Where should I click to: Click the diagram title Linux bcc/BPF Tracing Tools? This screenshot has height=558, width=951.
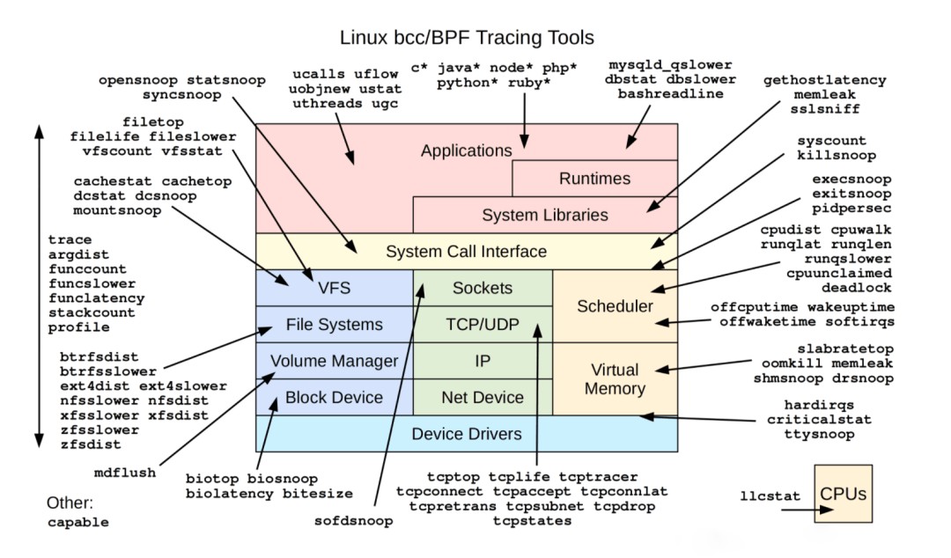click(467, 38)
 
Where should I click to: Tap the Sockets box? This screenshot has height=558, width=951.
click(482, 288)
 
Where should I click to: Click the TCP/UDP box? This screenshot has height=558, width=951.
click(482, 325)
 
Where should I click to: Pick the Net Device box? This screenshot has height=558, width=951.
click(482, 398)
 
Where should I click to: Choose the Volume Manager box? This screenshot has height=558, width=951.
click(334, 361)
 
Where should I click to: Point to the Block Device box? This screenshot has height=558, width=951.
click(334, 398)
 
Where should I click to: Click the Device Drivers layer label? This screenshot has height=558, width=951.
click(466, 434)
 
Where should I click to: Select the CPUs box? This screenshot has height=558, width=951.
click(843, 494)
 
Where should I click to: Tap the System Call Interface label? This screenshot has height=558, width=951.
click(466, 252)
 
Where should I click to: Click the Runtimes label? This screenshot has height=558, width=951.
click(594, 179)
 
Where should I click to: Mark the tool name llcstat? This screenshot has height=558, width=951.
click(770, 496)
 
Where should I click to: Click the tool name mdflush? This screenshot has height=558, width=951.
click(125, 473)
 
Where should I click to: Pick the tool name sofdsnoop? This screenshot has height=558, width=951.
click(353, 520)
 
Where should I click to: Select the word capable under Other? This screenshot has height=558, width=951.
click(78, 522)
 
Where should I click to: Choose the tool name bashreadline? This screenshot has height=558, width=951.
click(670, 94)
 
